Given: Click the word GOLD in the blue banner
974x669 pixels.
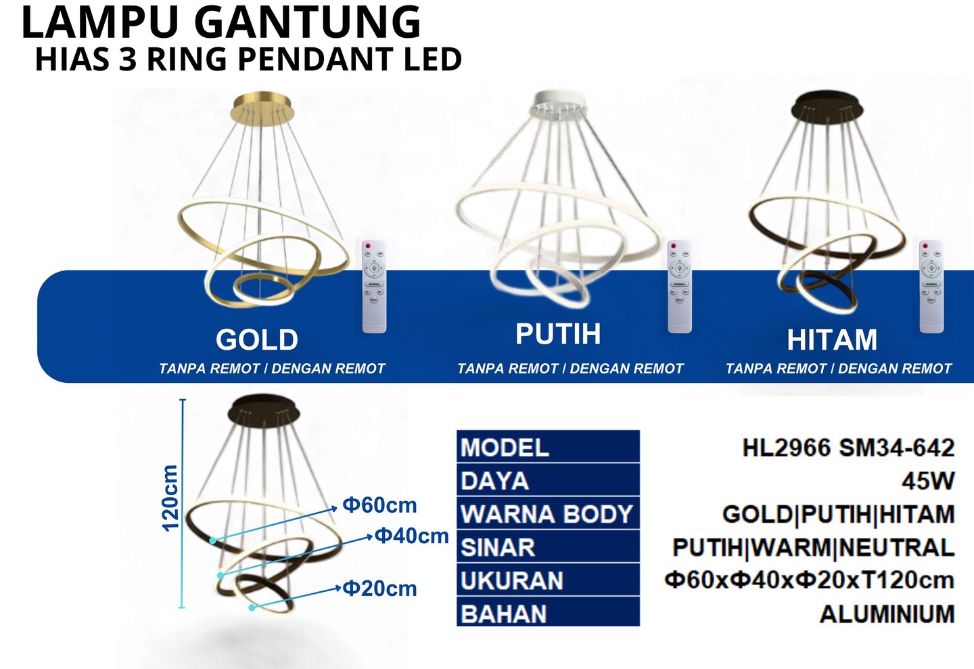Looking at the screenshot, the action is click(256, 340).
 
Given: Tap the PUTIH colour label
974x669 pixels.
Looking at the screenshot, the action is click(558, 334).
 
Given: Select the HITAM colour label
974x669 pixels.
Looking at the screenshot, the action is click(832, 340).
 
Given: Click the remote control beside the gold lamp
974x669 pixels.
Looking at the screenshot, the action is click(374, 286).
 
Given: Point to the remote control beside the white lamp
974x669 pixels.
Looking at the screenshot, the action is click(679, 286).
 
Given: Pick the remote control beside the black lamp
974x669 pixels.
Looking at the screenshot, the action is click(931, 286).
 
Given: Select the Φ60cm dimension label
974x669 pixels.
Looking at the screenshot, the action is click(379, 505).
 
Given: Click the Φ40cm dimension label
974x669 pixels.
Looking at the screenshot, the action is click(411, 536).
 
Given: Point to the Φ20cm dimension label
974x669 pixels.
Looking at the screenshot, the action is click(379, 589).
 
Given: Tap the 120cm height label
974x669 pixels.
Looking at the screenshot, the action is click(170, 498).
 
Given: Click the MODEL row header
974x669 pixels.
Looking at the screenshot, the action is click(505, 448).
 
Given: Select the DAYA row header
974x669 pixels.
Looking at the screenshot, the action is click(494, 481).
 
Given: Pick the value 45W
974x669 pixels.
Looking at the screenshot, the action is click(928, 481).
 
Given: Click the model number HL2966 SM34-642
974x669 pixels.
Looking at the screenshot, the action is click(848, 448).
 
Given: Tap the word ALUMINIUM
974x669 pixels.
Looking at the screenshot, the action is click(887, 614).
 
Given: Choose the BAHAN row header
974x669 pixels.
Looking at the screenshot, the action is click(503, 614).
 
